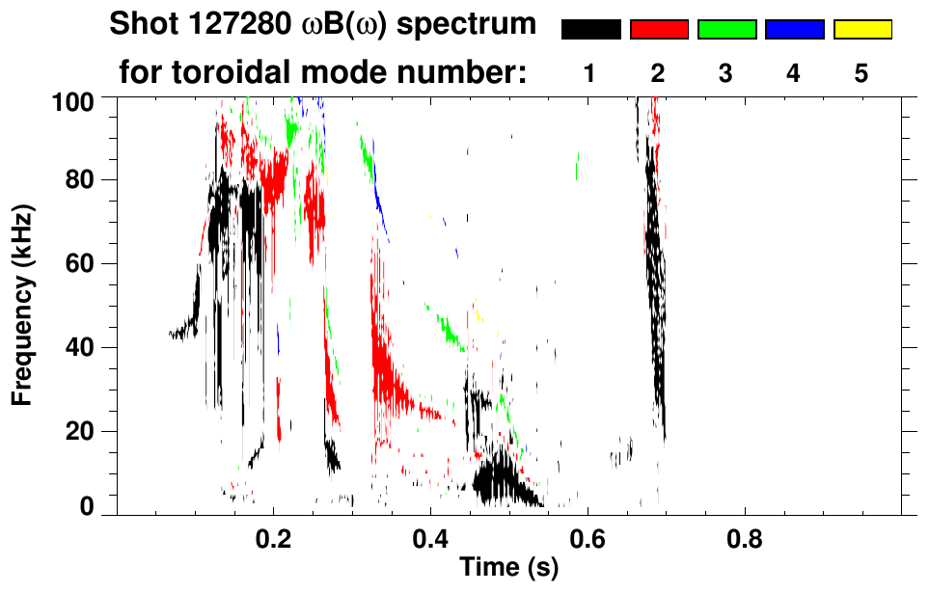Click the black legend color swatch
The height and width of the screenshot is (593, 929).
pos(590,30)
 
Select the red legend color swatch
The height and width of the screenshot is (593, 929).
pos(659,30)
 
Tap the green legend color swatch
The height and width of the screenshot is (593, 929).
pos(726,30)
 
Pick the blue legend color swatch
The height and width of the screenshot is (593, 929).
pos(794,30)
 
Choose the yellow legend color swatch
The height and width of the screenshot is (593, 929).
pos(861,30)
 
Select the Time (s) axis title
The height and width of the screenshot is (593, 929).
pos(508,569)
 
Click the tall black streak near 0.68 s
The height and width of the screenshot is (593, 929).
pos(655,260)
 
